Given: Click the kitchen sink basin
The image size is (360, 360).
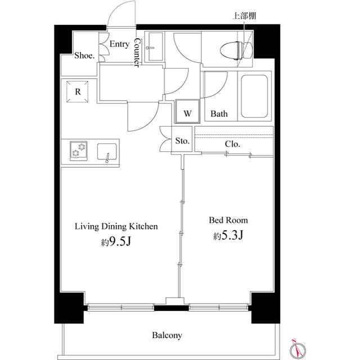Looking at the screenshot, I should [x=107, y=152].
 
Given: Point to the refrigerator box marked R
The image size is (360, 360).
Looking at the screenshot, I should [x=78, y=92].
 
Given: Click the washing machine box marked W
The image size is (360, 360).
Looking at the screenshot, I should [x=188, y=111].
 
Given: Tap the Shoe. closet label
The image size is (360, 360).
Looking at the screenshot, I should [x=84, y=56].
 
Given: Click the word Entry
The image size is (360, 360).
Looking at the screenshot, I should [x=119, y=44].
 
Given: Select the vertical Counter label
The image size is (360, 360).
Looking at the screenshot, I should [x=137, y=54].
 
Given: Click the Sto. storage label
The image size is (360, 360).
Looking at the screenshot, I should [x=182, y=141].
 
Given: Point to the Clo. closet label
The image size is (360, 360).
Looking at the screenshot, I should [x=232, y=144].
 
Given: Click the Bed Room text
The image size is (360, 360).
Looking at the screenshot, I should [x=228, y=220].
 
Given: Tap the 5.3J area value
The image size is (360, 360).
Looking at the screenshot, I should [x=228, y=235].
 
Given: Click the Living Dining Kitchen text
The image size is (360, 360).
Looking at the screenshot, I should [x=116, y=227].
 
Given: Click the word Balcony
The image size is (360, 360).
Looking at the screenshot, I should [x=167, y=335].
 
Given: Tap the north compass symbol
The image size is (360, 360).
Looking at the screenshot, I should [x=296, y=349].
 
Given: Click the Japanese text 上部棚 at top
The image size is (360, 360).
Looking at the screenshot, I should [x=244, y=16].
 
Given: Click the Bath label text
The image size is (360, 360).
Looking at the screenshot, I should [x=219, y=114].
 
